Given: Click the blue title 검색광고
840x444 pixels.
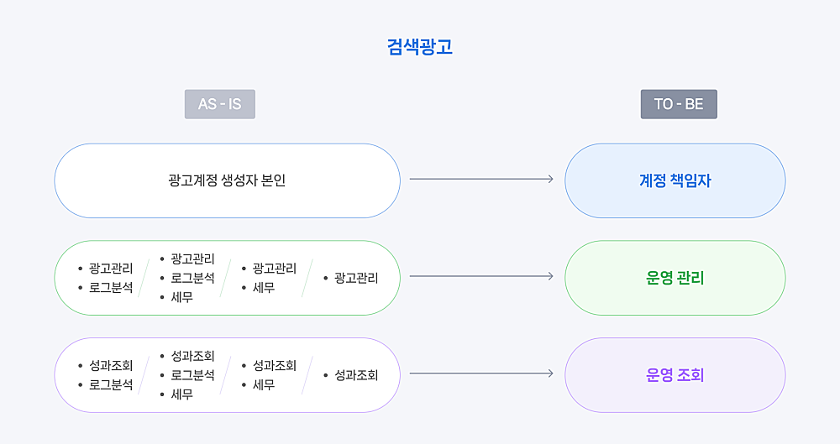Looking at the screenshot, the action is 420,47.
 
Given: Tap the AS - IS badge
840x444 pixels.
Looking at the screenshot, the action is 219,104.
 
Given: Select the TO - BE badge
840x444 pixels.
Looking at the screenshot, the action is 679,104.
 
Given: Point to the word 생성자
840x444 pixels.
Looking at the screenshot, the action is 238,180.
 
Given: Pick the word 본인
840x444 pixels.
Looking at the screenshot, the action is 273,180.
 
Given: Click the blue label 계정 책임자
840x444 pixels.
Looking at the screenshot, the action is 675,180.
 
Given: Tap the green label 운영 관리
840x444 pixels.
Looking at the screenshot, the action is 675,278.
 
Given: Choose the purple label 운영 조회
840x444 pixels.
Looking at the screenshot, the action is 675,375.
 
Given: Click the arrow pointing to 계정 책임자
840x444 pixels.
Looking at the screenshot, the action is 481,179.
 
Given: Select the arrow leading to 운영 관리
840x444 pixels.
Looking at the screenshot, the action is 481,276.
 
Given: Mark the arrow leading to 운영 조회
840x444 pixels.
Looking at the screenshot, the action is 481,373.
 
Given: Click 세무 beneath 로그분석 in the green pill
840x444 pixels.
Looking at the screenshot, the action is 182,297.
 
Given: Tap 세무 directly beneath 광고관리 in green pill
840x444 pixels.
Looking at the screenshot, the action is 264,288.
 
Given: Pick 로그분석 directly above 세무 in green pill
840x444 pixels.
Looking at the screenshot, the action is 193,278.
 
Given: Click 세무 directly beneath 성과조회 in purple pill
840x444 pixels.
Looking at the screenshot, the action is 264,384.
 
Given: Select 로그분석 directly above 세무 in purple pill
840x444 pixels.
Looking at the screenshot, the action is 193,375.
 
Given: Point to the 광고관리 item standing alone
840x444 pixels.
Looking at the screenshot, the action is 356,278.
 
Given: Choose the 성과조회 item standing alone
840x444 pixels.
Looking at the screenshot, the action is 356,375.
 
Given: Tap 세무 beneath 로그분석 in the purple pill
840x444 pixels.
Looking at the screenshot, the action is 182,394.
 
